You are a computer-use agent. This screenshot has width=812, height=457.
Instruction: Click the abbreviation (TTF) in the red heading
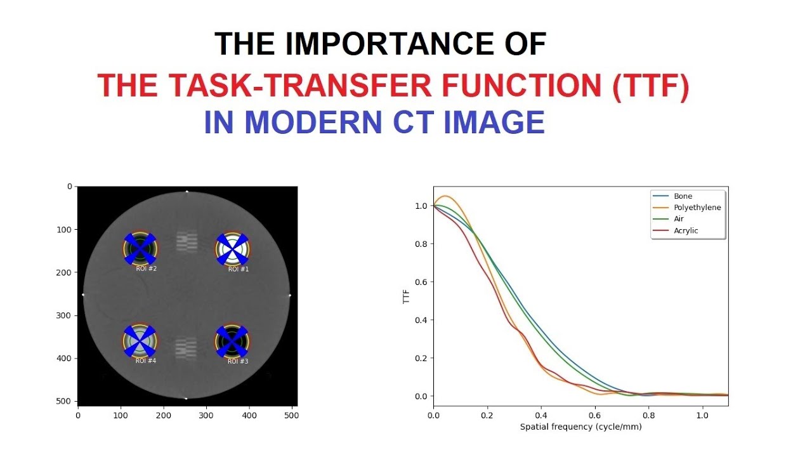(x=650, y=86)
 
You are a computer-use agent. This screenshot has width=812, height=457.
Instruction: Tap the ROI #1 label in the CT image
(x=239, y=269)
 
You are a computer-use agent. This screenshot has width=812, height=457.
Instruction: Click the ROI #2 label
(x=147, y=269)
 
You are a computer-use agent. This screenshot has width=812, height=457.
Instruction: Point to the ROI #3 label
(x=239, y=361)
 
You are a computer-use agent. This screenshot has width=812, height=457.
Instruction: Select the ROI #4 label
(x=146, y=361)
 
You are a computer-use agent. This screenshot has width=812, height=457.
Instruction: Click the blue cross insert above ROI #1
(x=232, y=248)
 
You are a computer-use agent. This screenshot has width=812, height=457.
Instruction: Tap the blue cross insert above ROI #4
(x=140, y=341)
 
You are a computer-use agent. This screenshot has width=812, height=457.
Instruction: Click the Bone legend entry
(x=683, y=196)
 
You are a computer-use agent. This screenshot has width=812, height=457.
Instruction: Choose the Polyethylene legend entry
(x=697, y=208)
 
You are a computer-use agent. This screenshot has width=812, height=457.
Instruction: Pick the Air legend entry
(x=679, y=219)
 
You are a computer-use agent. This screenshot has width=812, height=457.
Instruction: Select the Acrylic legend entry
(x=686, y=230)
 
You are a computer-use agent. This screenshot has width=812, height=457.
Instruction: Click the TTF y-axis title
(x=407, y=295)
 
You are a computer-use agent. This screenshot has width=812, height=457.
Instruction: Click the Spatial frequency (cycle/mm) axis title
(x=580, y=427)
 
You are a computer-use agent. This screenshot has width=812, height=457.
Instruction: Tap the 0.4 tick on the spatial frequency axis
(x=540, y=415)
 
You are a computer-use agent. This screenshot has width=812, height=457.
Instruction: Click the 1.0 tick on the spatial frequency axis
(x=702, y=415)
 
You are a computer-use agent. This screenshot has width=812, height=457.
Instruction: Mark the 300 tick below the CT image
(x=207, y=415)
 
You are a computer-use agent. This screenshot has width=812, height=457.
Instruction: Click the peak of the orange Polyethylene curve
(x=445, y=196)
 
